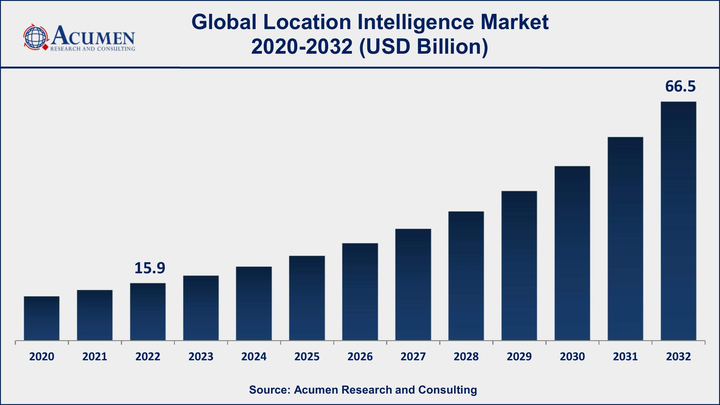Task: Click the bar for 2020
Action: [x=42, y=318]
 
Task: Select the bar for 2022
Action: [x=148, y=312]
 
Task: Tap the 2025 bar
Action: [x=307, y=298]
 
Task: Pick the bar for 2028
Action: [x=466, y=276]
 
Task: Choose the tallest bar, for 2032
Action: [x=679, y=221]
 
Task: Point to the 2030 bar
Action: [x=572, y=253]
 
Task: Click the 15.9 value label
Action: [x=150, y=268]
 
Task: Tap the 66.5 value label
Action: [x=680, y=86]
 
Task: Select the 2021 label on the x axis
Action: [x=95, y=356]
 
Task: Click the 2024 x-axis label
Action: [x=254, y=356]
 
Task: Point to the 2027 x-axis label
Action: [x=413, y=356]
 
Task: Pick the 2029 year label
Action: [x=519, y=356]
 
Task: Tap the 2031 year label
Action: [x=625, y=356]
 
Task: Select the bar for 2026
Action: [x=360, y=292]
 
